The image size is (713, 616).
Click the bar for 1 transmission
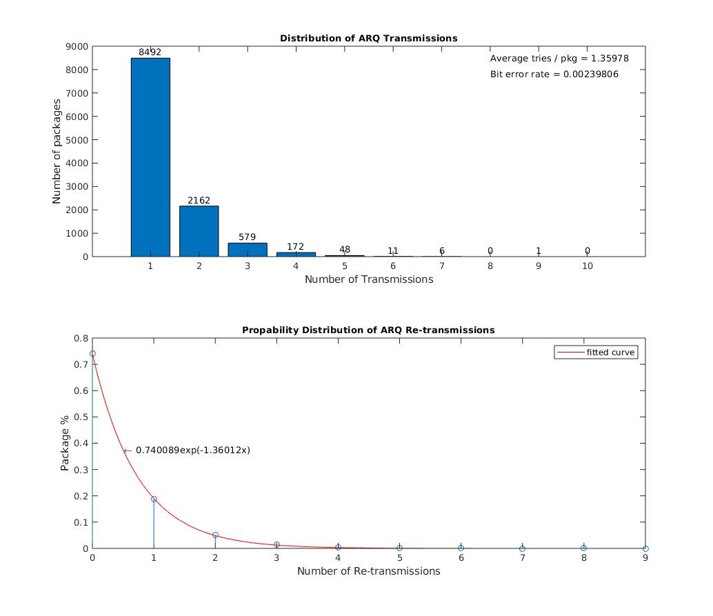(150, 157)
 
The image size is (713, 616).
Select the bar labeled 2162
(199, 231)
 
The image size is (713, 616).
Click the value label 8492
(150, 52)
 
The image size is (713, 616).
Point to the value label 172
(295, 246)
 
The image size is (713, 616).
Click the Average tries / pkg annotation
(559, 59)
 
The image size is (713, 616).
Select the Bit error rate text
(554, 74)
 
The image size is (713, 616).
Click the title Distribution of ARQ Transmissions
(368, 38)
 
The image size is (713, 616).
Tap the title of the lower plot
(368, 330)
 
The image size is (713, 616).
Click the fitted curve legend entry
(597, 352)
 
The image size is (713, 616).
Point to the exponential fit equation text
(192, 450)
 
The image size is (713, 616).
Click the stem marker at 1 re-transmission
(154, 499)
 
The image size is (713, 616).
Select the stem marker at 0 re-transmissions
(92, 354)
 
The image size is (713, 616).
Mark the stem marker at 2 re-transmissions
(215, 535)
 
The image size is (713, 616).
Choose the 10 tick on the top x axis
(587, 266)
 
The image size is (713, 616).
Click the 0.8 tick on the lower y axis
(81, 338)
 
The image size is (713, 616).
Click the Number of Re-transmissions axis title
(368, 571)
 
